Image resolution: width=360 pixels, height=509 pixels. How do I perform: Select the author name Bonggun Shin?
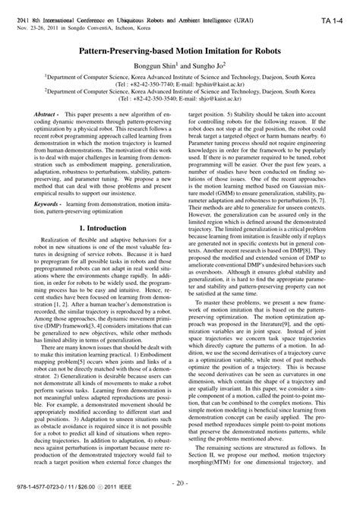[x=148, y=65]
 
